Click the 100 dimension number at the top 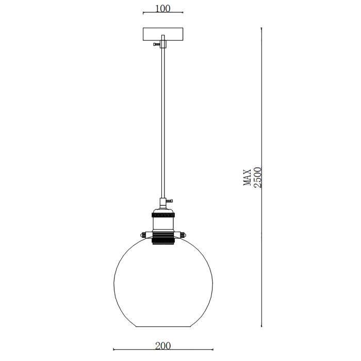coord(162,8)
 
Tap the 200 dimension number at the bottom coord(162,346)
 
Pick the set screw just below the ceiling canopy coord(156,45)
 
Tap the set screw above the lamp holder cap coord(169,200)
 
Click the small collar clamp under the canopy coord(163,45)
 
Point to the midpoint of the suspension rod coord(163,124)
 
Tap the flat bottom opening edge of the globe coord(162,326)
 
